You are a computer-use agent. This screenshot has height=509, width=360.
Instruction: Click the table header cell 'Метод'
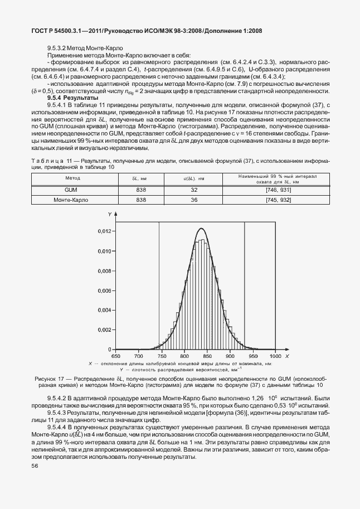tap(73, 178)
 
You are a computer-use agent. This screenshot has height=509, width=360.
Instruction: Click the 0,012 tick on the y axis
tap(105, 231)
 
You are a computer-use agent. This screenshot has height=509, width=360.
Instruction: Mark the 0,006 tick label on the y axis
tap(105, 290)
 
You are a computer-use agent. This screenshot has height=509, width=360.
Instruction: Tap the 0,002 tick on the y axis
tap(105, 329)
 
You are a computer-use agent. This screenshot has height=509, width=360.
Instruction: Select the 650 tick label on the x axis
tap(116, 355)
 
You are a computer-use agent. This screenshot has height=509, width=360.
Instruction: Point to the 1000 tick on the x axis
tap(275, 355)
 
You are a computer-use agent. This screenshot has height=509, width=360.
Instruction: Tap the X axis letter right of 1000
tap(288, 355)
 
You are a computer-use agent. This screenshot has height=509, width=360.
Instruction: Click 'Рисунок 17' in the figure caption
tap(51, 379)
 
